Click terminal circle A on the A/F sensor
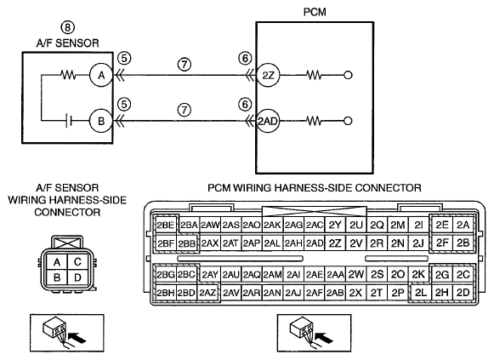click(101, 76)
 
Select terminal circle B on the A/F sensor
click(101, 121)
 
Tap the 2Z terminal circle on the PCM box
click(268, 76)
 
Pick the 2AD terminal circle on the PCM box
click(268, 121)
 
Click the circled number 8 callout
click(68, 27)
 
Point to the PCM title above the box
click(315, 12)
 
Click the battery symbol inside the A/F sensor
click(69, 121)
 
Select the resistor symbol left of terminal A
click(68, 75)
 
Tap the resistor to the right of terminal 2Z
click(314, 75)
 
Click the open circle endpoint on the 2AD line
click(348, 121)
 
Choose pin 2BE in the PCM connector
click(166, 225)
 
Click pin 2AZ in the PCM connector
click(207, 293)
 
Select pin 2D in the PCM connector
click(463, 293)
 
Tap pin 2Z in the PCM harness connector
click(335, 243)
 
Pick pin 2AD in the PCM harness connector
click(315, 243)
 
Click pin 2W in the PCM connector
click(356, 275)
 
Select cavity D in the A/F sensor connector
click(77, 277)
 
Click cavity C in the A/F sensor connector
click(77, 262)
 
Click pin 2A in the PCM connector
click(463, 225)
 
